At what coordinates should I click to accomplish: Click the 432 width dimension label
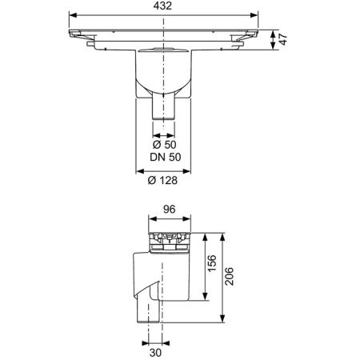(x=162, y=6)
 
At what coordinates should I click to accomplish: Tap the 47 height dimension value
(x=283, y=39)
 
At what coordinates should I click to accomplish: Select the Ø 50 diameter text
(x=164, y=145)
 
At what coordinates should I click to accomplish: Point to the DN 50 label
(x=166, y=157)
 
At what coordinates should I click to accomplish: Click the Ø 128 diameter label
(x=162, y=181)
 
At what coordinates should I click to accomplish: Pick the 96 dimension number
(x=170, y=210)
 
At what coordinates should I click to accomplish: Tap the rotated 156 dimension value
(x=212, y=263)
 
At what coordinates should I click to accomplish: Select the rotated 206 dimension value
(x=229, y=276)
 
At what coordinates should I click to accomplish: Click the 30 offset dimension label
(x=155, y=353)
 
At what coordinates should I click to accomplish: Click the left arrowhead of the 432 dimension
(x=73, y=15)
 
